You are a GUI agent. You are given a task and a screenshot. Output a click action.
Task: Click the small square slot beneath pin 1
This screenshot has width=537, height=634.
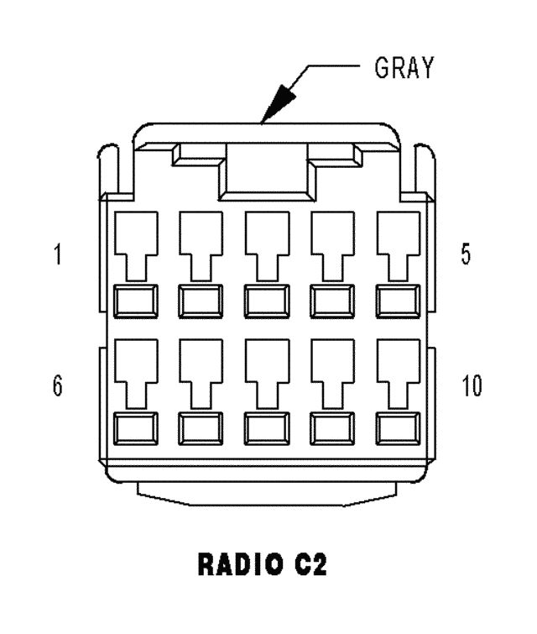pyautogui.click(x=134, y=298)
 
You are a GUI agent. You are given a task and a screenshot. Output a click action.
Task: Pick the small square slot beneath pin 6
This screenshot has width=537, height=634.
pyautogui.click(x=134, y=428)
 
